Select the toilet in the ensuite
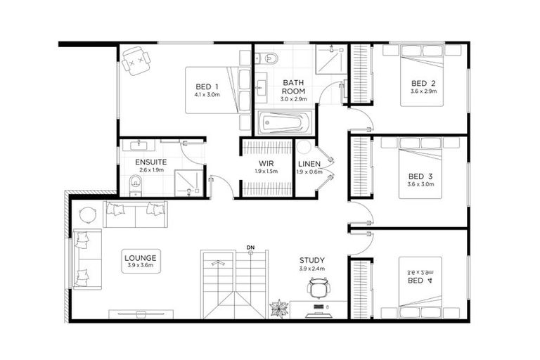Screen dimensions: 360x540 click(x=135, y=185)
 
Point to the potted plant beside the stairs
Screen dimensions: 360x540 click(x=279, y=309)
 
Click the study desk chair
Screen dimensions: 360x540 click(x=318, y=288)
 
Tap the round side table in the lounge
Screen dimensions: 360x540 click(x=87, y=215)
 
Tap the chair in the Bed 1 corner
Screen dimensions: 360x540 click(x=136, y=61)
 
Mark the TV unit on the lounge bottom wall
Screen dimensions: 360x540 click(x=141, y=314)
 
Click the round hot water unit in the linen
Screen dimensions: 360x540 click(x=304, y=148)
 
